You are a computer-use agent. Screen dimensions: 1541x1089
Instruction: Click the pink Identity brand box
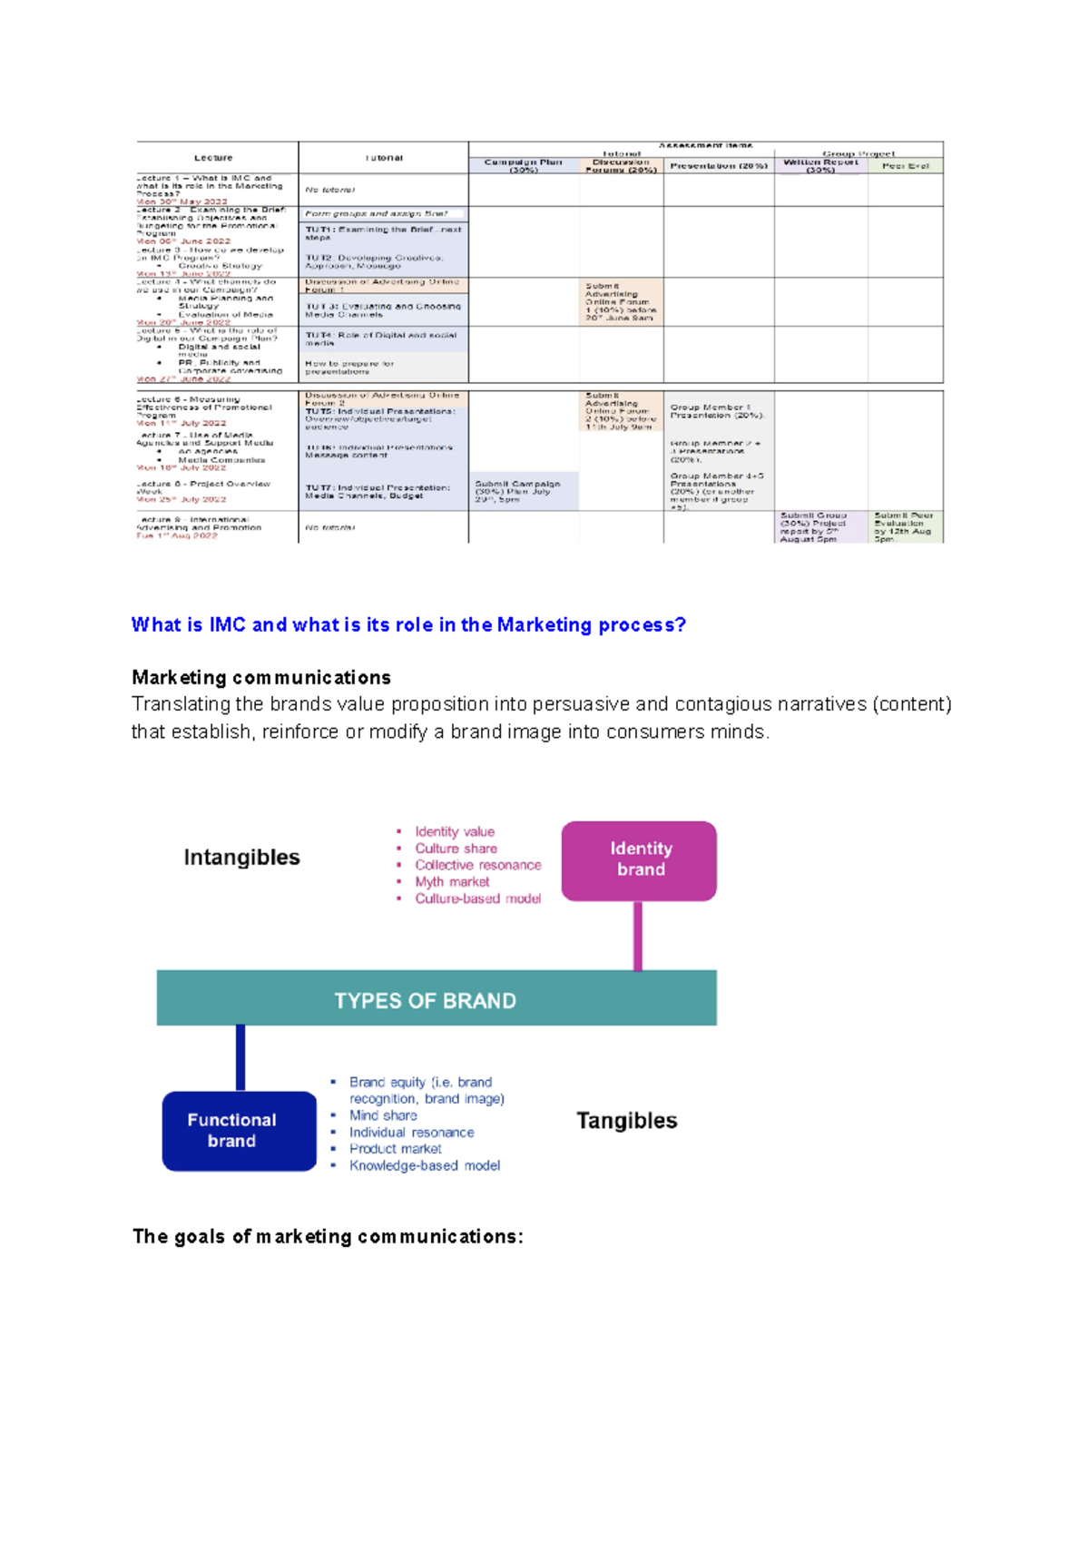pyautogui.click(x=639, y=860)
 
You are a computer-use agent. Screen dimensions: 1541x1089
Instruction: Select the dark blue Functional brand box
pyautogui.click(x=239, y=1131)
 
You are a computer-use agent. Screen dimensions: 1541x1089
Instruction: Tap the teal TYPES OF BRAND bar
pyautogui.click(x=436, y=998)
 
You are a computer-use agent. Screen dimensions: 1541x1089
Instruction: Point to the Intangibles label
pyautogui.click(x=241, y=858)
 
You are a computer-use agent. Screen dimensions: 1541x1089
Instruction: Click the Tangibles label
pyautogui.click(x=626, y=1121)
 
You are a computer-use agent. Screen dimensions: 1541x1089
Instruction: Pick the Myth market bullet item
pyautogui.click(x=452, y=882)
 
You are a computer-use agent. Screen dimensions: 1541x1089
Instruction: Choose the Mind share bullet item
pyautogui.click(x=383, y=1115)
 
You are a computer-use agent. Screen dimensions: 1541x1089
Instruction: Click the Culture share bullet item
pyautogui.click(x=456, y=849)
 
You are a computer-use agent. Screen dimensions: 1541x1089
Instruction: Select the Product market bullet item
pyautogui.click(x=395, y=1149)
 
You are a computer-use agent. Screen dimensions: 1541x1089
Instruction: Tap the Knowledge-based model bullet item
pyautogui.click(x=425, y=1165)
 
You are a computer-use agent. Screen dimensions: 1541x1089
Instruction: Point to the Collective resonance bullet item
pyautogui.click(x=477, y=865)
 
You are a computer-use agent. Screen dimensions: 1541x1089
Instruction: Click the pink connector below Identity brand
pyautogui.click(x=638, y=936)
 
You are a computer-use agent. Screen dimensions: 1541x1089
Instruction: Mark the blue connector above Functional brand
pyautogui.click(x=240, y=1057)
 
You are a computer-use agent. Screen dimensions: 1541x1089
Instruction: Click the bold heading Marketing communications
pyautogui.click(x=261, y=678)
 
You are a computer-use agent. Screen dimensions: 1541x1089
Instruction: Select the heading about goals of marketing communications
pyautogui.click(x=328, y=1236)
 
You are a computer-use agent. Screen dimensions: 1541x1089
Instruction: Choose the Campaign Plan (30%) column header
pyautogui.click(x=523, y=165)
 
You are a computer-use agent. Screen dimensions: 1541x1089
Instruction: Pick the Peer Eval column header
pyautogui.click(x=905, y=166)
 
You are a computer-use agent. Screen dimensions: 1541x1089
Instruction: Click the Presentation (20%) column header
pyautogui.click(x=718, y=166)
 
